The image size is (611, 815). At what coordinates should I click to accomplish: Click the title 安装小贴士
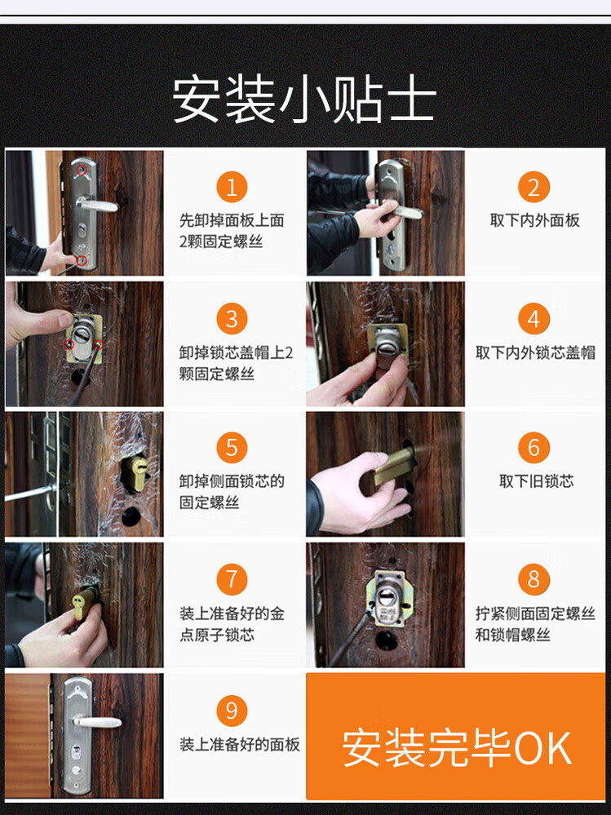point(304,100)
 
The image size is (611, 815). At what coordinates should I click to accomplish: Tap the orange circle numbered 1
point(232,187)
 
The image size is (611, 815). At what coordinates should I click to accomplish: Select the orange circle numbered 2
point(534,187)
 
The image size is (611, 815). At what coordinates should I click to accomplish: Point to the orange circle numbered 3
point(232,319)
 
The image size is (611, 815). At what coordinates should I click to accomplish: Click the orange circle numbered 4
point(534,319)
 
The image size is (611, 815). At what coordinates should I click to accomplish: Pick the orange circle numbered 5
point(232,448)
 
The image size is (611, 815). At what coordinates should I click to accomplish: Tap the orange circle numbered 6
point(534,448)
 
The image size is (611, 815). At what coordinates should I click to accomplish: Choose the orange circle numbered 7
point(232,579)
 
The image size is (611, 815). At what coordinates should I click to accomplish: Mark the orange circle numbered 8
point(534,579)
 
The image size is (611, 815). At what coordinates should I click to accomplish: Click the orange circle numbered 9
point(232,711)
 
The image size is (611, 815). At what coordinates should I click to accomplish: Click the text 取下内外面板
point(534,220)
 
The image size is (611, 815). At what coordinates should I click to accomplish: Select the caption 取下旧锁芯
point(536,481)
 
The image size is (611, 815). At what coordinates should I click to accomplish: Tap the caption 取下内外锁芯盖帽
point(535,353)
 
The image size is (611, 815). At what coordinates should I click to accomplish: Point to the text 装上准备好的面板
point(240,744)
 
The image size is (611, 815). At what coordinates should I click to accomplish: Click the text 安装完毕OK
point(457,748)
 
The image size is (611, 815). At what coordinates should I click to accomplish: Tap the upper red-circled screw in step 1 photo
point(82,170)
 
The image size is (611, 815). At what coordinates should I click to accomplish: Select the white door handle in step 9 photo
point(97,722)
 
